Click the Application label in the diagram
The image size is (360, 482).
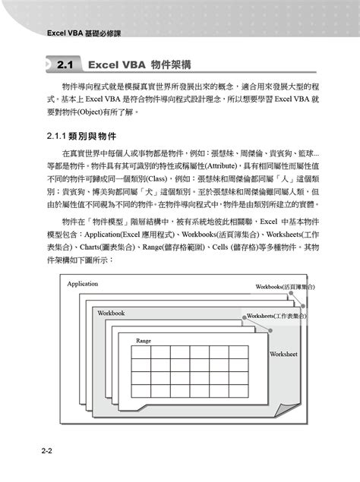[83, 284]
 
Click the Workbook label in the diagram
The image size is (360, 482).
[111, 313]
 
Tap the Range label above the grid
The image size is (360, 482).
[144, 341]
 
